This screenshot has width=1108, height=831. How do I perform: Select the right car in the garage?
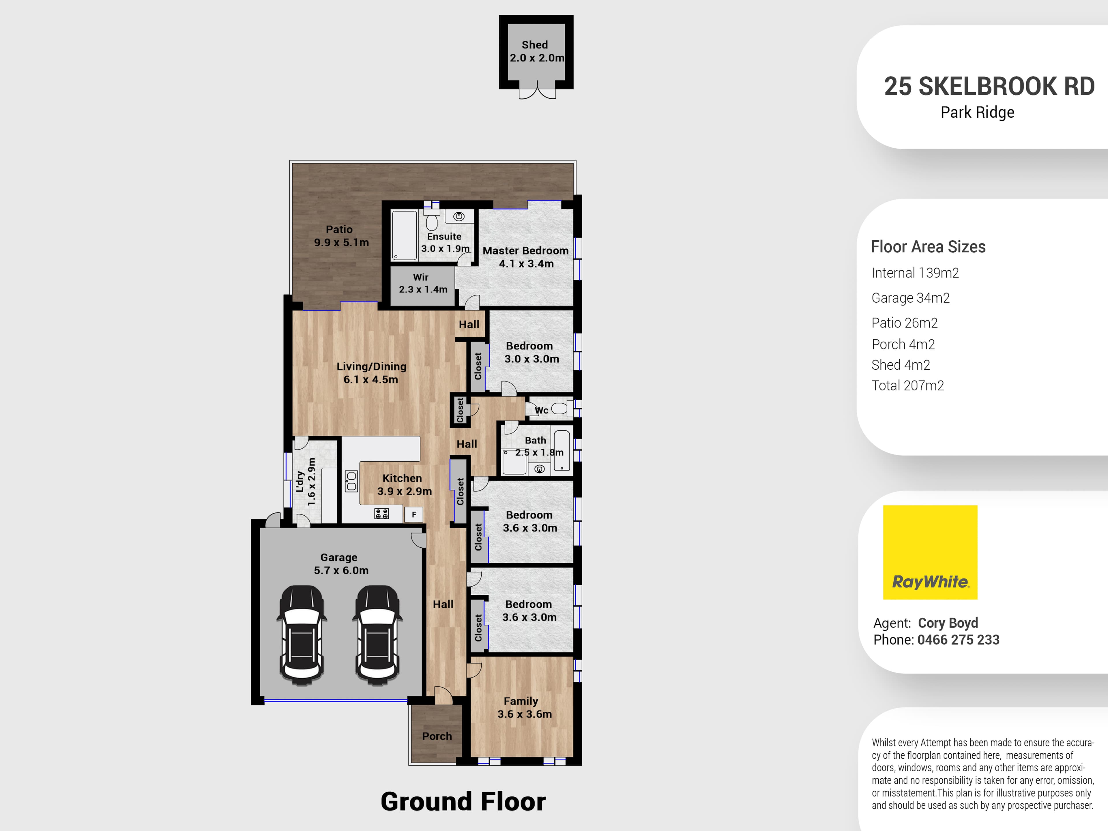[x=377, y=635]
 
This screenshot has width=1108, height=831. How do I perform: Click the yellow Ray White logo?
[x=930, y=552]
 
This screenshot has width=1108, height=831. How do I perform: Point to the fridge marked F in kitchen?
[x=414, y=514]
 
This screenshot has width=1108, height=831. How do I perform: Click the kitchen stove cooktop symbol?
[x=381, y=513]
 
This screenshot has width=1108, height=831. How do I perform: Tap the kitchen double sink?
[x=351, y=481]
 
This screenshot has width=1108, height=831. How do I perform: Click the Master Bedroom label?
[x=525, y=257]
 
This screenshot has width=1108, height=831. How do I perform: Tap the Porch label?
[x=437, y=736]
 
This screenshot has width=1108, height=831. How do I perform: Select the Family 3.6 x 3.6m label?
[x=524, y=707]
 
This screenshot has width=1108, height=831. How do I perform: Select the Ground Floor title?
[x=463, y=802]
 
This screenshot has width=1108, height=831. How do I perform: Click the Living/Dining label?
[x=371, y=373]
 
